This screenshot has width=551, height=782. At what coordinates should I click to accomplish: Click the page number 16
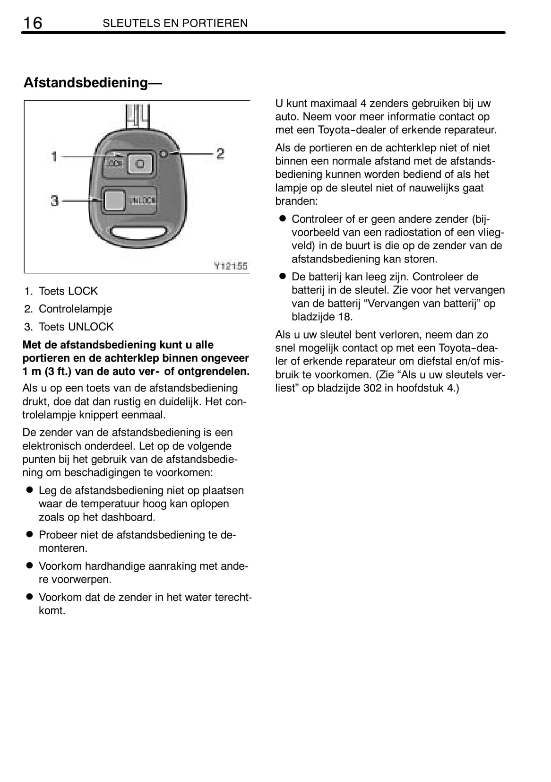tap(32, 23)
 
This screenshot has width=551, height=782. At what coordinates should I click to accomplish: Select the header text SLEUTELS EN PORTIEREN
tap(175, 23)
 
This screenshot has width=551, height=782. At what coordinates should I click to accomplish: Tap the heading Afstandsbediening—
tap(93, 83)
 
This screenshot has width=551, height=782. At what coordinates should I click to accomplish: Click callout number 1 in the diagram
tap(55, 156)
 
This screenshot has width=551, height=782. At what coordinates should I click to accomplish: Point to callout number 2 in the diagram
tap(220, 153)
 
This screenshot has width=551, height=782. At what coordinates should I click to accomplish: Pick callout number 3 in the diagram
tap(55, 200)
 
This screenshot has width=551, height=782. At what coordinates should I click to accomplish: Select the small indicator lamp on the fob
tap(163, 154)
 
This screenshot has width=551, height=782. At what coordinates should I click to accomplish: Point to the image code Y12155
tap(231, 266)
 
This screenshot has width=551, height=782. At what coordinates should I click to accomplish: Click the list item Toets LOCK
tap(68, 291)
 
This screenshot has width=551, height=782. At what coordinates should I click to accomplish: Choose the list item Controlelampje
tap(75, 309)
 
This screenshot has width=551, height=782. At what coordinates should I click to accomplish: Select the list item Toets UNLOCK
tap(76, 327)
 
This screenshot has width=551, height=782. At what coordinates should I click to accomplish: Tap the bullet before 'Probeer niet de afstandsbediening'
tap(29, 534)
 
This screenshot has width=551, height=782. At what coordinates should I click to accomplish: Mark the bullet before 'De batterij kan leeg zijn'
tap(283, 276)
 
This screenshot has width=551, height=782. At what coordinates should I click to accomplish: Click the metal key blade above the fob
tap(138, 115)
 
